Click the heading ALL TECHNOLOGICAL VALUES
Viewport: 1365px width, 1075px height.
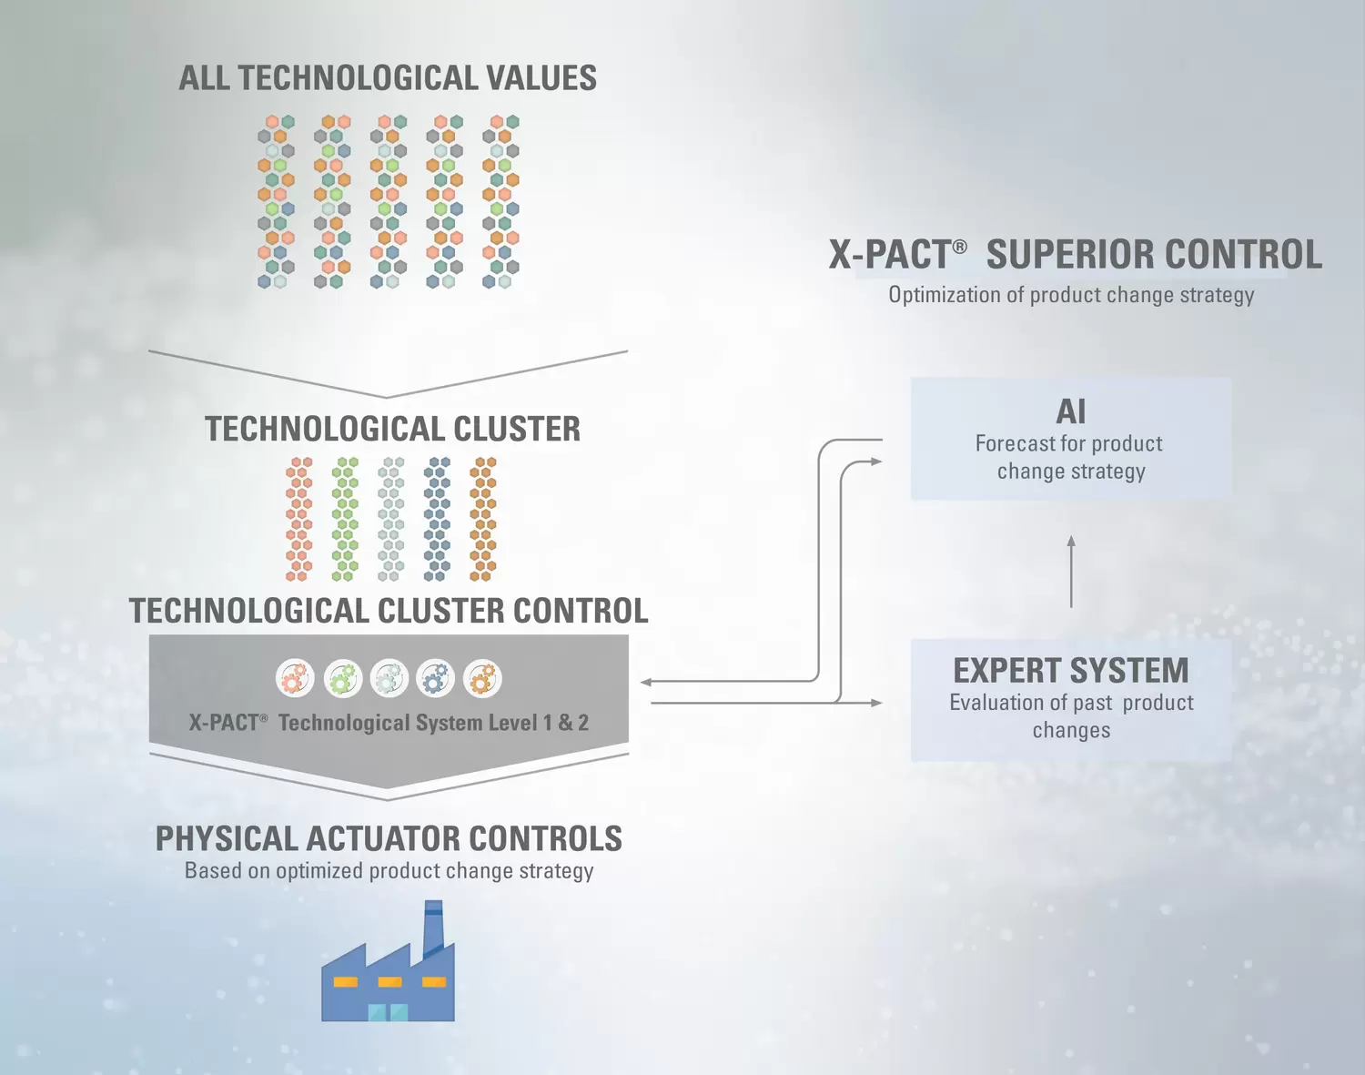(388, 78)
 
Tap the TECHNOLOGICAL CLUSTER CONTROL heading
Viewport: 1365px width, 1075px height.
(389, 611)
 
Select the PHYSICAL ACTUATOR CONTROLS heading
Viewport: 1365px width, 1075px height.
(389, 838)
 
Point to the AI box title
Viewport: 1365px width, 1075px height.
(1071, 411)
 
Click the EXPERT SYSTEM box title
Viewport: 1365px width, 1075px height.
(1071, 671)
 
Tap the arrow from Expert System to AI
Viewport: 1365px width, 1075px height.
(1071, 572)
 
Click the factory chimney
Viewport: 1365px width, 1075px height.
(434, 924)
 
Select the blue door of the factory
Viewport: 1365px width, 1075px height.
(388, 1011)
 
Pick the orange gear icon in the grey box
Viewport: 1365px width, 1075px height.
(482, 679)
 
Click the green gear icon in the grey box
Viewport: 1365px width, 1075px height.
(343, 679)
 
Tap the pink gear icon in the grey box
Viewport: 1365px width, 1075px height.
(296, 679)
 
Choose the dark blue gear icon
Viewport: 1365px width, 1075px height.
(436, 679)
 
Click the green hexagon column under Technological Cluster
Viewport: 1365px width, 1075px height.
(344, 519)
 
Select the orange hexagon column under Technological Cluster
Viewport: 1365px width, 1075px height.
(482, 519)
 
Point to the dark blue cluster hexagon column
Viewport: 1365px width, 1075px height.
(437, 519)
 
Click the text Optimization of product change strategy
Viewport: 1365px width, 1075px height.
(1071, 295)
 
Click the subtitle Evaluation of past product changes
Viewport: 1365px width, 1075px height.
(1071, 715)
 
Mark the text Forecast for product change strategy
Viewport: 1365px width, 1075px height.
(1070, 457)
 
